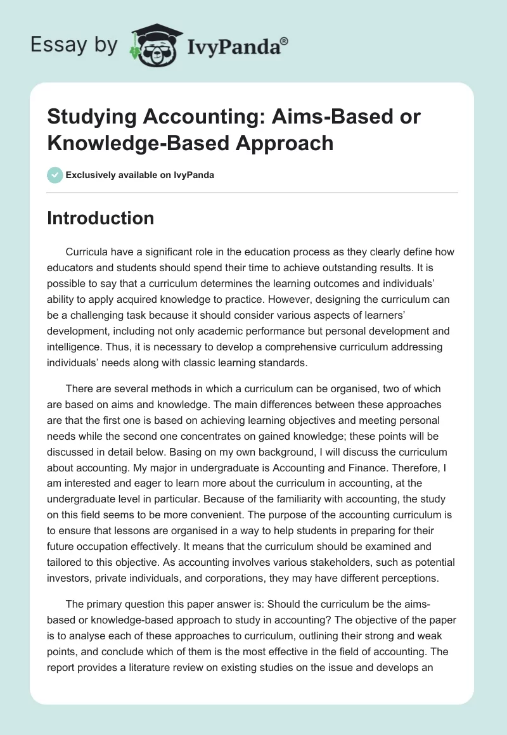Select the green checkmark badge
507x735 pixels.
point(55,175)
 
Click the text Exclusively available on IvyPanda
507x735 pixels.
point(139,176)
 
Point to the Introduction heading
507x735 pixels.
point(101,218)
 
